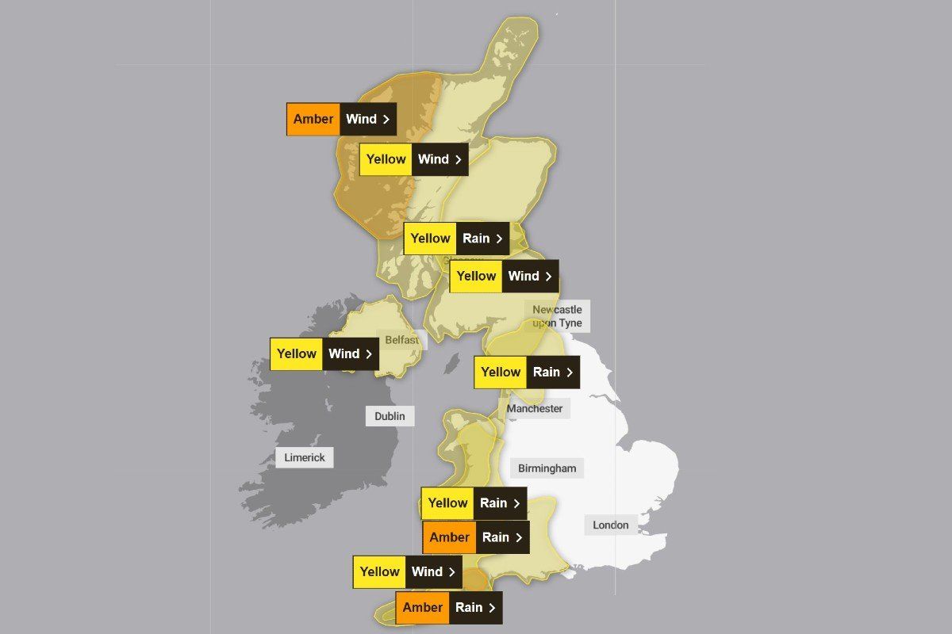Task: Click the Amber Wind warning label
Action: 341,119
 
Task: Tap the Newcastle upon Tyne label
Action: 557,316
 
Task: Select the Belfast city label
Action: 401,340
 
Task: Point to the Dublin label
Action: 390,416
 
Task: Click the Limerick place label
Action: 305,457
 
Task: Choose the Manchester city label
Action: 535,409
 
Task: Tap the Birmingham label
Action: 547,468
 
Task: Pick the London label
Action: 611,525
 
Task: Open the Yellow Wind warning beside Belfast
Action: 324,354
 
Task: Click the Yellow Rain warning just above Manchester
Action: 526,372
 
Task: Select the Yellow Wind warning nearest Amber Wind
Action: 413,159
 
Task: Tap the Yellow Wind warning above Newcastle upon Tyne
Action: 504,277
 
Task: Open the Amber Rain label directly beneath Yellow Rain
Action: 475,537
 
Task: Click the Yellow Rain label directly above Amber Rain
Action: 474,503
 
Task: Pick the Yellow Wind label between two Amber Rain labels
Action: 407,572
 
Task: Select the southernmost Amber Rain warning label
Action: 448,608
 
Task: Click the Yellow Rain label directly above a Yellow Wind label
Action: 456,239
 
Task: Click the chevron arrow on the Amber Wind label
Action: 386,120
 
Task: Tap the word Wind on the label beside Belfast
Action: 344,354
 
